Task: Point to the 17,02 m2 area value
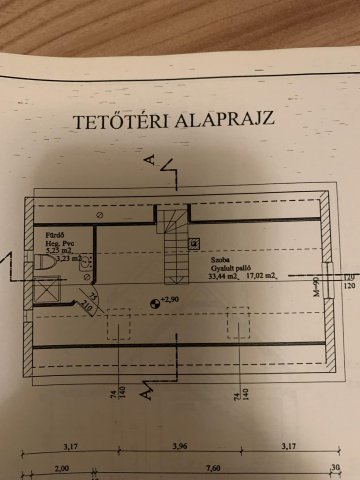(x=265, y=276)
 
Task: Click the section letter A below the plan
(x=147, y=392)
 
